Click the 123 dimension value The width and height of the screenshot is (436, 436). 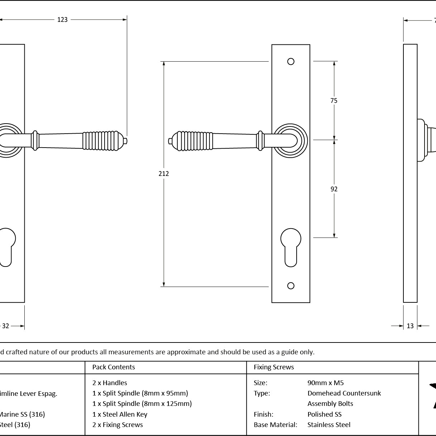(x=62, y=20)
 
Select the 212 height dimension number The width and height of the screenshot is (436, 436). (x=164, y=174)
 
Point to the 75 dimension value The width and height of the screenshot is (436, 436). (x=334, y=101)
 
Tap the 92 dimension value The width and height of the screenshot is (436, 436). (x=334, y=189)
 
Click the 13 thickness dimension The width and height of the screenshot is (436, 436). (x=410, y=326)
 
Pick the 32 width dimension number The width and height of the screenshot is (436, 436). (x=6, y=326)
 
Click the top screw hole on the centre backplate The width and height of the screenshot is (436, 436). (x=291, y=62)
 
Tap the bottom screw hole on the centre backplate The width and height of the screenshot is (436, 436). (x=291, y=286)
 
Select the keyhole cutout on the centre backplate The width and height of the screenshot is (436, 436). (x=291, y=246)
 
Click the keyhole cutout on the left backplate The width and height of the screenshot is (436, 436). (x=6, y=246)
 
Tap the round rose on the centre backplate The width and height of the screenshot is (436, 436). (x=291, y=141)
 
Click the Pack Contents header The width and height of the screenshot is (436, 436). (x=114, y=367)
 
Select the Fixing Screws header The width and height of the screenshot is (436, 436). (x=274, y=367)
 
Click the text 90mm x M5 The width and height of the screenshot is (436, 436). (x=325, y=383)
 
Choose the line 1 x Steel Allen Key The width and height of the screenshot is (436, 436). (x=120, y=415)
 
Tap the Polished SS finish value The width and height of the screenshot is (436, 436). (x=324, y=415)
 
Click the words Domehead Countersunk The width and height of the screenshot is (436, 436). (x=344, y=393)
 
